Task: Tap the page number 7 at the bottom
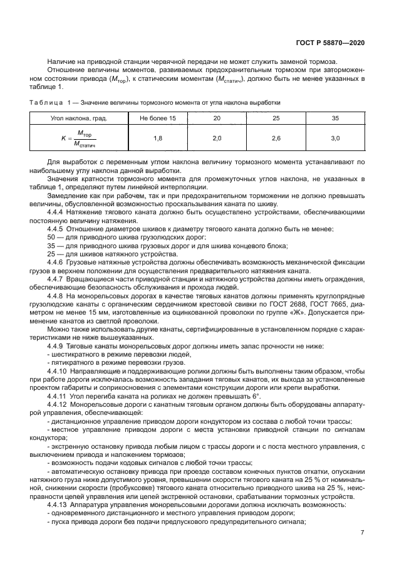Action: [x=362, y=533]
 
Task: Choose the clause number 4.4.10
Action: [x=59, y=371]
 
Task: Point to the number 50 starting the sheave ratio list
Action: [x=51, y=237]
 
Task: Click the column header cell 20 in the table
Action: [x=217, y=118]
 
